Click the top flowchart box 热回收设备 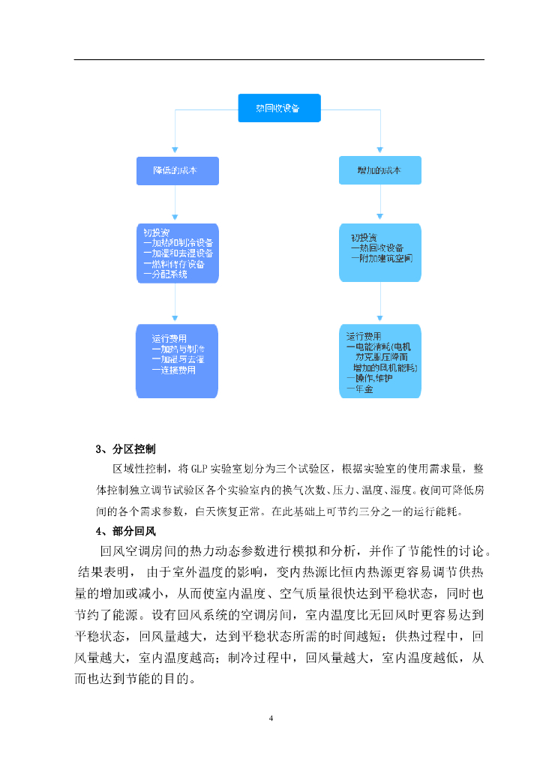point(278,108)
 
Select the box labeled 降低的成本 point(177,170)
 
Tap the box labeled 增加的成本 point(379,170)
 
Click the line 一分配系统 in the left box point(166,274)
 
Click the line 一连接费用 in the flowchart point(173,370)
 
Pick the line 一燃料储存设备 point(175,264)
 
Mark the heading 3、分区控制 point(125,449)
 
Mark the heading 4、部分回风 point(125,532)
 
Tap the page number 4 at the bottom point(271,718)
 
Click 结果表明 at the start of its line point(103,572)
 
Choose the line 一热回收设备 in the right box point(377,247)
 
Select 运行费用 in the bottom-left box point(169,338)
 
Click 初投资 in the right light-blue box point(363,237)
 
